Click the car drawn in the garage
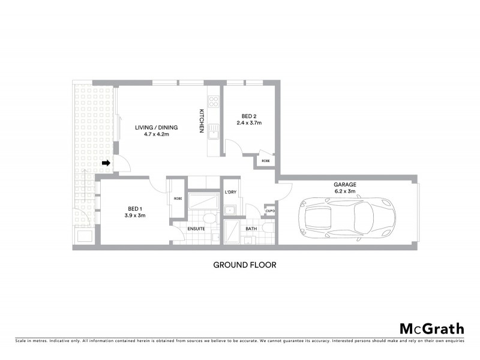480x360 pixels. [350, 215]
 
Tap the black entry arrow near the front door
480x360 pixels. [106, 163]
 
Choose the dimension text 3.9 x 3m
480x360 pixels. [135, 215]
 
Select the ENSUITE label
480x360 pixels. [195, 229]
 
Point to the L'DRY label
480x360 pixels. [230, 192]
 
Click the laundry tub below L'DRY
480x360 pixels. [230, 209]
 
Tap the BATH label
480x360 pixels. [251, 229]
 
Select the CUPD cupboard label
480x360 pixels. [270, 211]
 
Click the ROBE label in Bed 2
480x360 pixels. [265, 161]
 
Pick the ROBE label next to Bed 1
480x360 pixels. [178, 199]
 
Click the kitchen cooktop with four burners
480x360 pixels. [212, 104]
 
